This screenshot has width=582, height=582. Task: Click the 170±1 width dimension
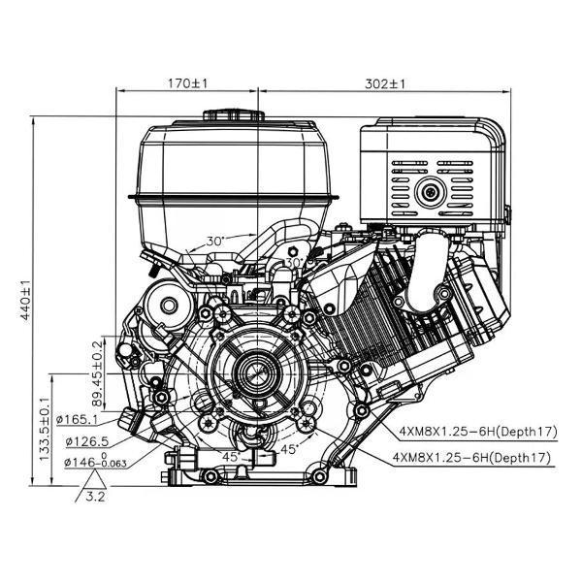(x=188, y=83)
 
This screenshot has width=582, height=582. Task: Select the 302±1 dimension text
(x=384, y=83)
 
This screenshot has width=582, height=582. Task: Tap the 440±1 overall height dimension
(x=25, y=300)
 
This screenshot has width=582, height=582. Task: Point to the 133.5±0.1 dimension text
(x=45, y=429)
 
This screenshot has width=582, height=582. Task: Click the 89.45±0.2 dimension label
(x=97, y=373)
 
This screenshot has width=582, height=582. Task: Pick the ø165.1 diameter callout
(x=77, y=420)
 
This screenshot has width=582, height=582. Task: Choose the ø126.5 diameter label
(x=87, y=441)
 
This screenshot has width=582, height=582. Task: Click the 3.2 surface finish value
(x=95, y=497)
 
